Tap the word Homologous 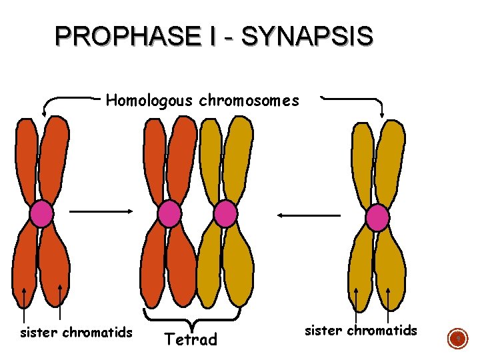(x=148, y=101)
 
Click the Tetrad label (x=191, y=339)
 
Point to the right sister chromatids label (x=361, y=330)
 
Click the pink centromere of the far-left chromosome (x=41, y=214)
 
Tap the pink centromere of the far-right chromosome (x=378, y=218)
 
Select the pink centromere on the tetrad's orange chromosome (x=169, y=214)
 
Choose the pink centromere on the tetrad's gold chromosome (x=225, y=214)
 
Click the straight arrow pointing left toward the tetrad (x=309, y=215)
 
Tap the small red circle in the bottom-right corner (x=458, y=339)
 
